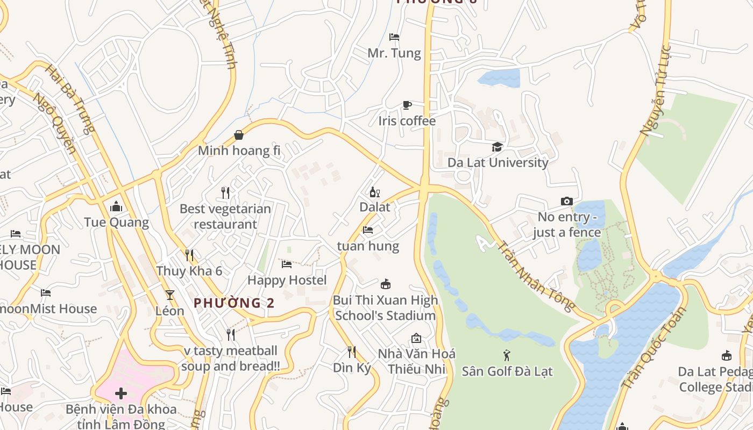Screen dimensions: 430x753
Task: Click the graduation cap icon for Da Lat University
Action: coord(497,147)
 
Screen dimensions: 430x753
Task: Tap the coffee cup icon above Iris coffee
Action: coord(407,105)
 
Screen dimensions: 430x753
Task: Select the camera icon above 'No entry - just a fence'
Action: coord(566,202)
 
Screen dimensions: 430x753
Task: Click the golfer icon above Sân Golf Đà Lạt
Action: coord(507,355)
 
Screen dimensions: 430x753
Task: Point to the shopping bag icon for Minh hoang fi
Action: coord(239,135)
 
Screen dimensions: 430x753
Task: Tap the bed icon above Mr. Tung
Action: coord(394,37)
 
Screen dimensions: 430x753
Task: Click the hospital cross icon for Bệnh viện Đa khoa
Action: coord(121,393)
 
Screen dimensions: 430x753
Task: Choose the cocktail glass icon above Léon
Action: coord(170,295)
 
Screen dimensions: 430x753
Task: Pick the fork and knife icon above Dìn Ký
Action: coord(352,352)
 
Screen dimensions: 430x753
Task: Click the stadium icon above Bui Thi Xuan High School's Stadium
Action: coord(385,284)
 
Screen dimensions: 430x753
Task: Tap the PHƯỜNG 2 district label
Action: coord(234,303)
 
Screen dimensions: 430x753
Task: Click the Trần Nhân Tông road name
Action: coord(535,276)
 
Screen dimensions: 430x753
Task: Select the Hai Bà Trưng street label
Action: coord(70,99)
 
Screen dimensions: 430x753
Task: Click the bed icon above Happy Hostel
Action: coord(287,264)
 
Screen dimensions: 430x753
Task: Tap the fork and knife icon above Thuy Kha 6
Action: coord(189,255)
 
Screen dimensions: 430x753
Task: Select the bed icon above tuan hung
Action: coord(368,230)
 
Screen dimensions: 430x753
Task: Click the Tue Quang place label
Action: coord(116,222)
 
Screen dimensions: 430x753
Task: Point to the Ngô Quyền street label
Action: coord(54,123)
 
